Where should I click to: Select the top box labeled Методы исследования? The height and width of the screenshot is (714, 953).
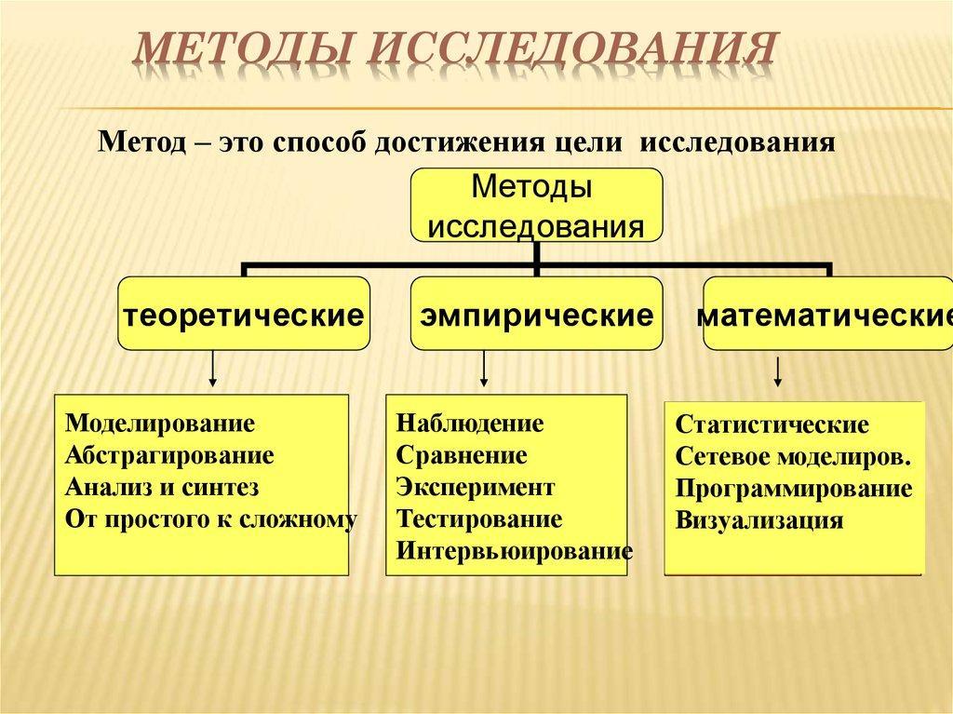point(537,205)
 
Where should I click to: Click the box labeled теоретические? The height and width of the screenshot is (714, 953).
point(244,313)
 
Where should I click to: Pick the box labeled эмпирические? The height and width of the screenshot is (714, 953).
point(537,313)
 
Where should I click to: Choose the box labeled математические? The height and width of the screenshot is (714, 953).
point(827,313)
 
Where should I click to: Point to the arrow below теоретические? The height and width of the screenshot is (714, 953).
point(212,369)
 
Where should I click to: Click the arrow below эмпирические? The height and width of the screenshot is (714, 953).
point(484,369)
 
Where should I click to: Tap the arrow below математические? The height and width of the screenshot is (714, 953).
point(777,371)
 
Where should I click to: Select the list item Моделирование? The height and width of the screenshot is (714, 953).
point(160,424)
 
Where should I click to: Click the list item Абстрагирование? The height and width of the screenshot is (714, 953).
point(169,455)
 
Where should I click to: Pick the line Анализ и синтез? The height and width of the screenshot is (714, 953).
point(162,487)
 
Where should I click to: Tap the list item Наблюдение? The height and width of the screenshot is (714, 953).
point(470,424)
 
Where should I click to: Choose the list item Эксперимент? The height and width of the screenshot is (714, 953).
point(476,487)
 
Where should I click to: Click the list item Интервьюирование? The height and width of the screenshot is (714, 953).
point(514,551)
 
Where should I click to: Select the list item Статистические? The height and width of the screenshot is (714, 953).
point(772,424)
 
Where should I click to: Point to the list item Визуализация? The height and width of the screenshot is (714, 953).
point(759,520)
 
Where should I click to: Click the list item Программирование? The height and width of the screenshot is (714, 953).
point(794,489)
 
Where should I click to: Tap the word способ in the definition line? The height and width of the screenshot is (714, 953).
point(319,143)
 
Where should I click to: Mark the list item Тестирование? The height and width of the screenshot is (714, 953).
point(479,519)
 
